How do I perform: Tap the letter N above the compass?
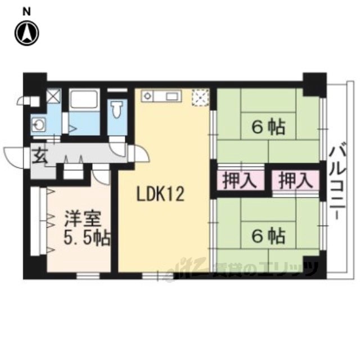pos(26,12)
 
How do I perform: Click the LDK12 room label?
pos(160,193)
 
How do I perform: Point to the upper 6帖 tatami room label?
pos(268,127)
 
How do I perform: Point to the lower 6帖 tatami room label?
pos(268,235)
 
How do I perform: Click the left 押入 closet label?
pos(240,181)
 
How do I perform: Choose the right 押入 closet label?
pos(295,181)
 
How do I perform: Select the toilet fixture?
pos(117,110)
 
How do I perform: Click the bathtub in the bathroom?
pos(84,99)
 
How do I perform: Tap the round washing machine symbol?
pos(38,125)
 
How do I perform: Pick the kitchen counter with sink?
pos(161,96)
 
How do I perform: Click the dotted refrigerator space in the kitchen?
pos(201,97)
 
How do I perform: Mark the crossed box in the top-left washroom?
pos(54,96)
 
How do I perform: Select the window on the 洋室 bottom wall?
pos(88,275)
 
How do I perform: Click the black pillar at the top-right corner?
pos(314,84)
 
